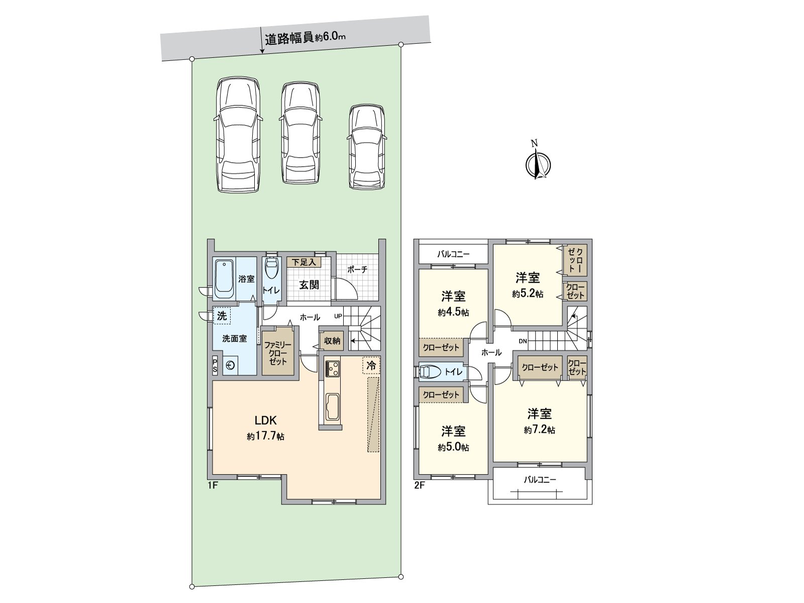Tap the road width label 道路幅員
(x=289, y=39)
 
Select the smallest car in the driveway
(x=367, y=147)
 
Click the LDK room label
(x=265, y=421)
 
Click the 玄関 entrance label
(x=309, y=285)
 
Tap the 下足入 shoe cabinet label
(x=304, y=262)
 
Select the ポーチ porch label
(x=357, y=269)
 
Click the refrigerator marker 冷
(x=371, y=365)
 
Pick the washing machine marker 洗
(x=222, y=316)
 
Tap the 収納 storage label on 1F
(x=332, y=341)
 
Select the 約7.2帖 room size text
(x=539, y=430)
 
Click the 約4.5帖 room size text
(x=453, y=313)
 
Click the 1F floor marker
(x=213, y=485)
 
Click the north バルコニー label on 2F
(x=453, y=254)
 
